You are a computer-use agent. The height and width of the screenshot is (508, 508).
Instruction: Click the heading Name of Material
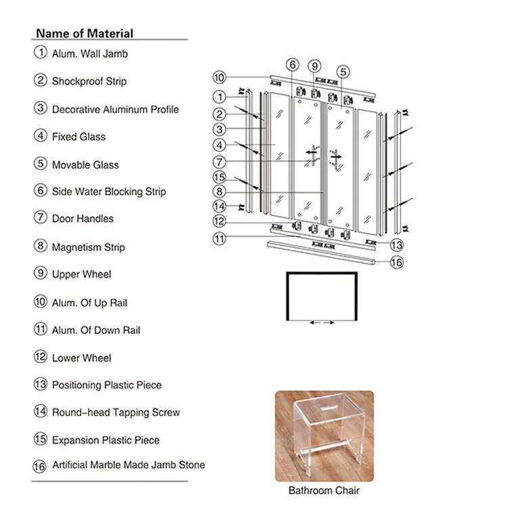point(85,33)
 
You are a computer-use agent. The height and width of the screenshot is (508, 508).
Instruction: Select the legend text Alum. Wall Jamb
point(89,54)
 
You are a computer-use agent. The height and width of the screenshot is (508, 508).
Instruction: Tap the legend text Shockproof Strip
point(89,81)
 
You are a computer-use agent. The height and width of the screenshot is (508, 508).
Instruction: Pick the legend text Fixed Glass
point(79,137)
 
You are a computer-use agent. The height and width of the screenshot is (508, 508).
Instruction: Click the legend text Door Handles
point(83,219)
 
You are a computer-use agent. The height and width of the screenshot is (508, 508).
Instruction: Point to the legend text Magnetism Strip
point(88,247)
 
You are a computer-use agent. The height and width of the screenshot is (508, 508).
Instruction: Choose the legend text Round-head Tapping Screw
point(116,412)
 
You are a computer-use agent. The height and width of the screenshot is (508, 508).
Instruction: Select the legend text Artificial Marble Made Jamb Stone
point(128,465)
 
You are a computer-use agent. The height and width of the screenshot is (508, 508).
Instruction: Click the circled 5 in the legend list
point(40,163)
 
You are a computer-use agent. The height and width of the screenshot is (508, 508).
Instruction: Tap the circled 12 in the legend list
point(40,356)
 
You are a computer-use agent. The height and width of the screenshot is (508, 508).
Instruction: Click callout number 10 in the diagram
point(219,77)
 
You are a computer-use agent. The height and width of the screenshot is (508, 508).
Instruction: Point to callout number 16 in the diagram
point(397,262)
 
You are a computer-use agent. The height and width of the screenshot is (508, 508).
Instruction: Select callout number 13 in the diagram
point(397,245)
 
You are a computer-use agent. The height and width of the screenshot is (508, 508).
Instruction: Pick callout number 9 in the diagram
point(314,66)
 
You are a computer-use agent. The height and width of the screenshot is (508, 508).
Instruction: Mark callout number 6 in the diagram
point(292,65)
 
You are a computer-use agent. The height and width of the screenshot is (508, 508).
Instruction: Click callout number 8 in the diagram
point(219,192)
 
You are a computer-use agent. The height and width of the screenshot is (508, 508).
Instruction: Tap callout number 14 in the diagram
point(219,206)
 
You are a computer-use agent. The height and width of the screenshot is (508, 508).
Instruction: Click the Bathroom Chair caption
point(324,490)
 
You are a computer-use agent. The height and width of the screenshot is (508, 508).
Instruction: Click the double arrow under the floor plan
point(322,322)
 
